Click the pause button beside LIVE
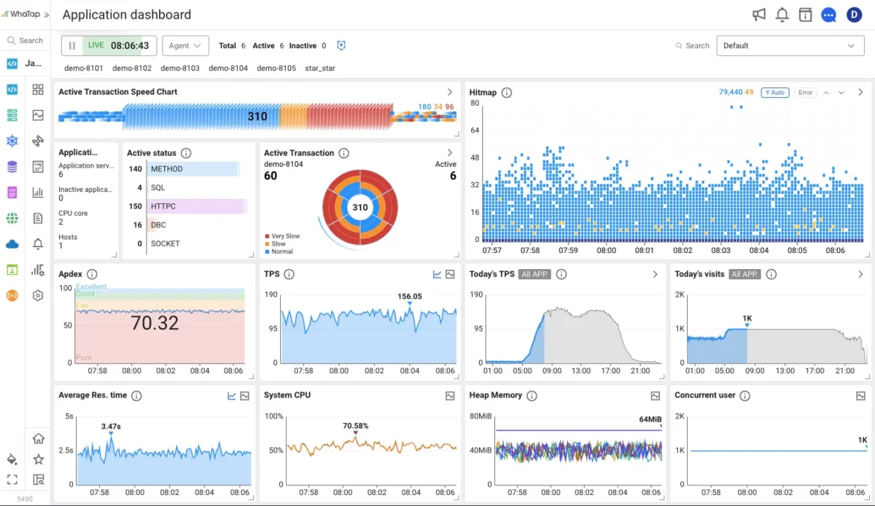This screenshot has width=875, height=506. [x=71, y=45]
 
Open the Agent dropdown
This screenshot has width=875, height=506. [x=185, y=45]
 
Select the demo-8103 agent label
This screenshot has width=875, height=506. [x=180, y=68]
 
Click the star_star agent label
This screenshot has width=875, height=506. [x=320, y=68]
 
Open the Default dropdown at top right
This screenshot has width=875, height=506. [x=790, y=45]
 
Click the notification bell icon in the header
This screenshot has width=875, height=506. [x=782, y=15]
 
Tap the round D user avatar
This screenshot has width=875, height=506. [x=854, y=15]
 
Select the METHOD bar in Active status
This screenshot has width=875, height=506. [x=194, y=169]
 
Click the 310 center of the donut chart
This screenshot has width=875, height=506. [x=360, y=207]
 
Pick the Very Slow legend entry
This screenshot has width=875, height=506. [x=285, y=236]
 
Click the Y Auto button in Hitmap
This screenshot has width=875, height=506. [x=774, y=93]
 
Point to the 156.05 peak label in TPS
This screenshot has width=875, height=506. [x=410, y=296]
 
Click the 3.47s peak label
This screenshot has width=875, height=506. [x=111, y=426]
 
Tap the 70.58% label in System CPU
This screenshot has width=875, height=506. [x=355, y=426]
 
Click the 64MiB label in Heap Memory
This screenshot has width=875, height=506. [x=650, y=419]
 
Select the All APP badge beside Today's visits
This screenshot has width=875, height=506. [x=745, y=274]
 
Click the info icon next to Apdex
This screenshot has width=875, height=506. [x=92, y=274]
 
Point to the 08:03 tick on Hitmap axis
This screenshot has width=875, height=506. [x=720, y=250]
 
